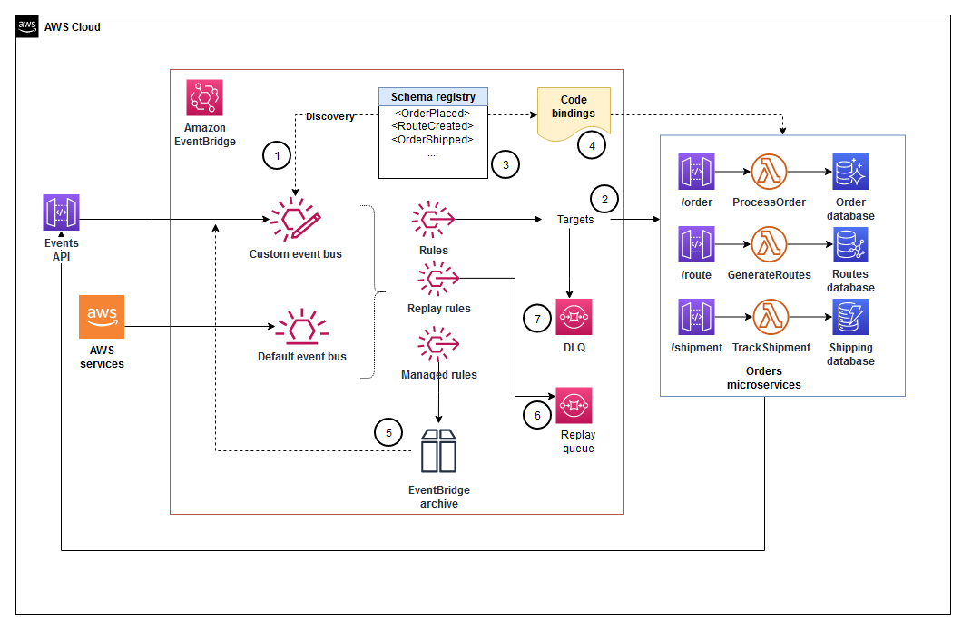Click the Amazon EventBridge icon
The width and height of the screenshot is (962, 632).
click(204, 97)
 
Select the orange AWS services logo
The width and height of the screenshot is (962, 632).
click(102, 317)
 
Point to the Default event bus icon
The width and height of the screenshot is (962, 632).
click(301, 326)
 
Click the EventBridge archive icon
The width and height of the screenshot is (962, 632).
click(438, 450)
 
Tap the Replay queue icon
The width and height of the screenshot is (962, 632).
click(574, 406)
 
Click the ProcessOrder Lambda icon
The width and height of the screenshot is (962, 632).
click(769, 172)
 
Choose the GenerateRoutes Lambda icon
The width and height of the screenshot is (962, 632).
click(769, 244)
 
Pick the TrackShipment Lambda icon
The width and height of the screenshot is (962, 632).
click(771, 317)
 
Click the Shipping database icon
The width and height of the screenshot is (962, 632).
click(850, 317)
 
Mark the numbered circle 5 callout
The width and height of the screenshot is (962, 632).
click(388, 432)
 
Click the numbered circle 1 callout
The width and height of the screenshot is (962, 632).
click(278, 156)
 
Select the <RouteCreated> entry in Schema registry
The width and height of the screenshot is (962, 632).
click(432, 126)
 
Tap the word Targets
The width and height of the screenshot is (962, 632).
click(575, 220)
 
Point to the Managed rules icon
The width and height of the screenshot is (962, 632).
click(438, 346)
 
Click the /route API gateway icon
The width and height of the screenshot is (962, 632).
click(696, 244)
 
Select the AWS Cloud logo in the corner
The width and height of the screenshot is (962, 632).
click(27, 26)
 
